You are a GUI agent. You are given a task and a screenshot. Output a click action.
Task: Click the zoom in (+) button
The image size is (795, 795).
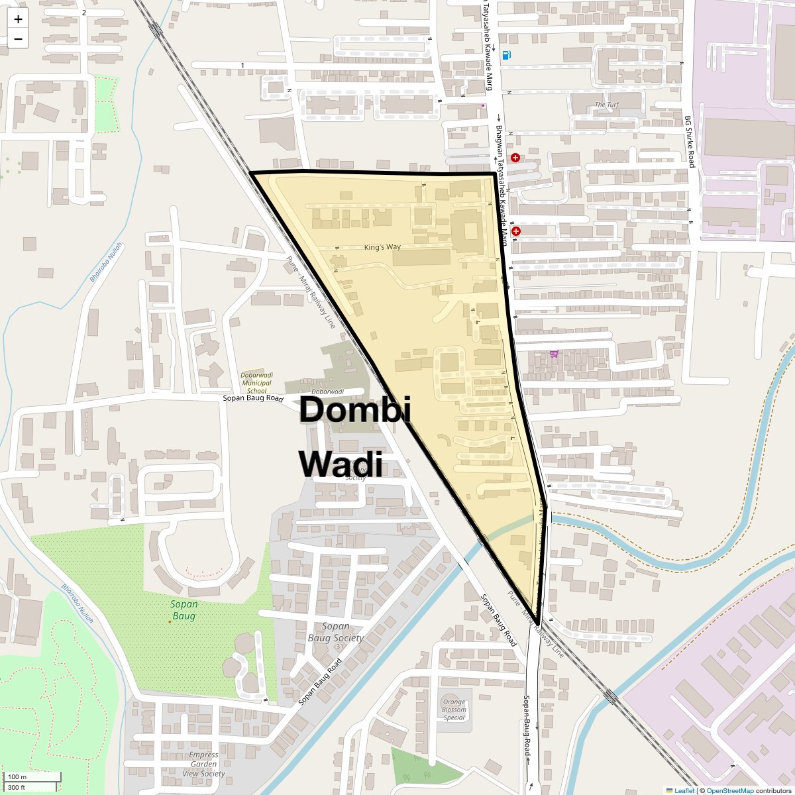[x=18, y=20]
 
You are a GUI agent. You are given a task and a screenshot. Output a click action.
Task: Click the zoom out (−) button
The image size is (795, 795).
[x=18, y=39]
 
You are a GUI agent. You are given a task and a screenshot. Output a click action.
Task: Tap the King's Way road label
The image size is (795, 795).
[x=382, y=247]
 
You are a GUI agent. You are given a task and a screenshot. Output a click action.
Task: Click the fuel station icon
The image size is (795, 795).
[x=507, y=55]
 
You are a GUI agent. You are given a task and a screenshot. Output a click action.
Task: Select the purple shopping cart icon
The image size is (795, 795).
[x=554, y=353]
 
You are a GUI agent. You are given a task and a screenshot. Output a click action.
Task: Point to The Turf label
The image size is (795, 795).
[x=607, y=105]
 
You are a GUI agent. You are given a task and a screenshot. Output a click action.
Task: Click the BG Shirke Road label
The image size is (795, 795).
[x=690, y=141]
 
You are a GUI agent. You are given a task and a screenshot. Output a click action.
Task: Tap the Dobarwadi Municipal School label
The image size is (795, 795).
[x=256, y=382]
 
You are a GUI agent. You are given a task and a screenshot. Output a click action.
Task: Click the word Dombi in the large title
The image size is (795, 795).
[x=354, y=410]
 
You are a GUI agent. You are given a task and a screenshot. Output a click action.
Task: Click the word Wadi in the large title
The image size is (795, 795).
[x=341, y=464]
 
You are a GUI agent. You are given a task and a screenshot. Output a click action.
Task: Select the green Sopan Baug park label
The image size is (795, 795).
[x=184, y=610]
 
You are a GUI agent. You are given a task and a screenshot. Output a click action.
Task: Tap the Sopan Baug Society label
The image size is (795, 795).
[x=336, y=632]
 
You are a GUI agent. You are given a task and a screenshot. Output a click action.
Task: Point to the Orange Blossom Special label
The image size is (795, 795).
[x=454, y=710]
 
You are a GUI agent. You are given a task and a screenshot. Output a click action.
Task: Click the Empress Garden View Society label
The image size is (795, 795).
[x=203, y=764]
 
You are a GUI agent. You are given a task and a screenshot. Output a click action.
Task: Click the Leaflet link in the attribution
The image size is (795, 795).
[x=684, y=790]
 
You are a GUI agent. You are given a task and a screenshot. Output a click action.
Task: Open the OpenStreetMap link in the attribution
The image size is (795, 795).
[x=729, y=790]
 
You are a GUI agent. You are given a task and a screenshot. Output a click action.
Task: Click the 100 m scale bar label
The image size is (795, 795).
[x=17, y=777]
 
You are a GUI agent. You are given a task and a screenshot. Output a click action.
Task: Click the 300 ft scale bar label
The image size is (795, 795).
[x=17, y=788]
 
